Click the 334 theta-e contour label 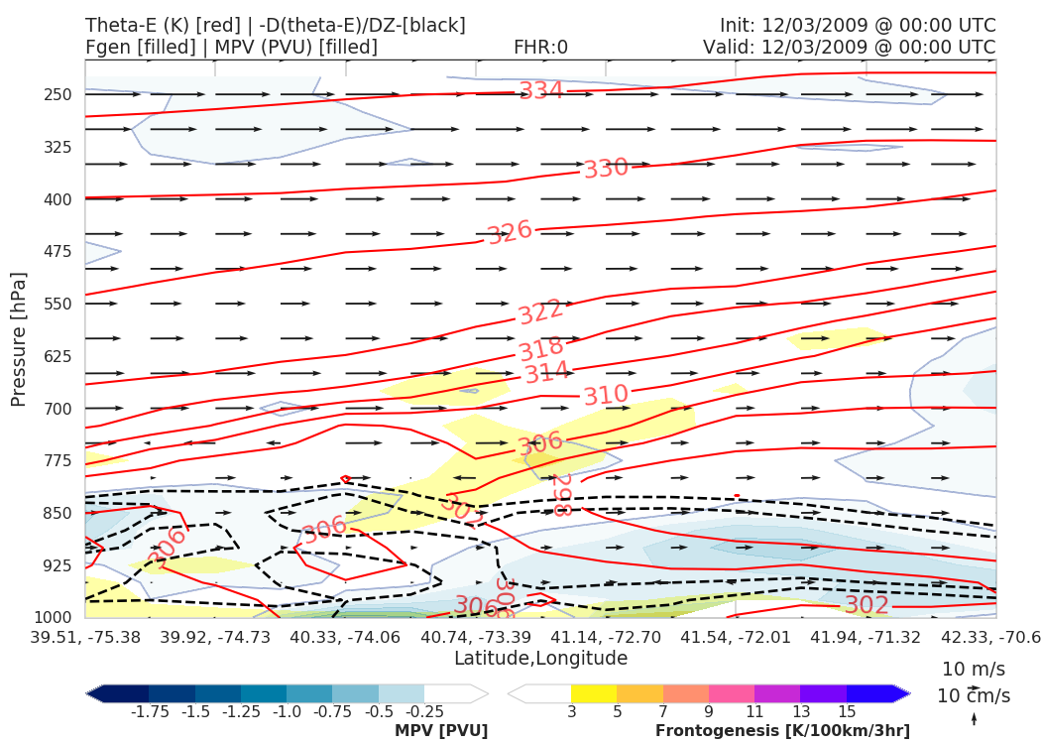pyautogui.click(x=541, y=91)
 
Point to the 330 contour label pyautogui.click(x=606, y=168)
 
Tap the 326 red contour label pyautogui.click(x=510, y=232)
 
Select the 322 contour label pyautogui.click(x=540, y=311)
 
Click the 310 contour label pyautogui.click(x=606, y=395)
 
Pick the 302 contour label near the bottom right pyautogui.click(x=866, y=605)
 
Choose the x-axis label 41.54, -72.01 pyautogui.click(x=736, y=637)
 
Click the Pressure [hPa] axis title pyautogui.click(x=19, y=338)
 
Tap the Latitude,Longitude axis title pyautogui.click(x=540, y=659)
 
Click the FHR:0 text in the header pyautogui.click(x=540, y=47)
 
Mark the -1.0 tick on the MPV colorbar pyautogui.click(x=288, y=712)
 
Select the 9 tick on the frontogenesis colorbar pyautogui.click(x=710, y=712)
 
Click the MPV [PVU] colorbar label pyautogui.click(x=441, y=731)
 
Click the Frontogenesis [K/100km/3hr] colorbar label pyautogui.click(x=782, y=731)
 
